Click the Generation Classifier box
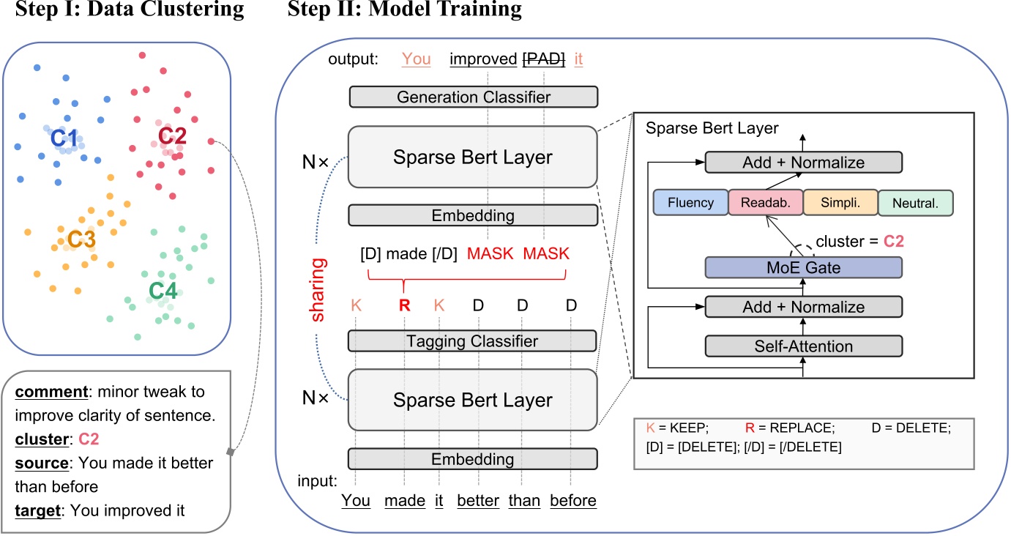pos(473,97)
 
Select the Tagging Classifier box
pos(473,340)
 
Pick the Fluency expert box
pos(690,202)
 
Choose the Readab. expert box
pos(766,202)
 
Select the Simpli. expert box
pos(840,202)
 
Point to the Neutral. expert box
pos(915,204)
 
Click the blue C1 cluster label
pos(64,137)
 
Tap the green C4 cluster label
pos(163,291)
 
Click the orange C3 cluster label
pos(81,239)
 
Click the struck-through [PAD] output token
pos(543,59)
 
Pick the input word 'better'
pos(478,501)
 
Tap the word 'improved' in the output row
pos(482,59)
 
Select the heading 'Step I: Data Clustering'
pos(122,10)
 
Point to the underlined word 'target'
pos(37,510)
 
